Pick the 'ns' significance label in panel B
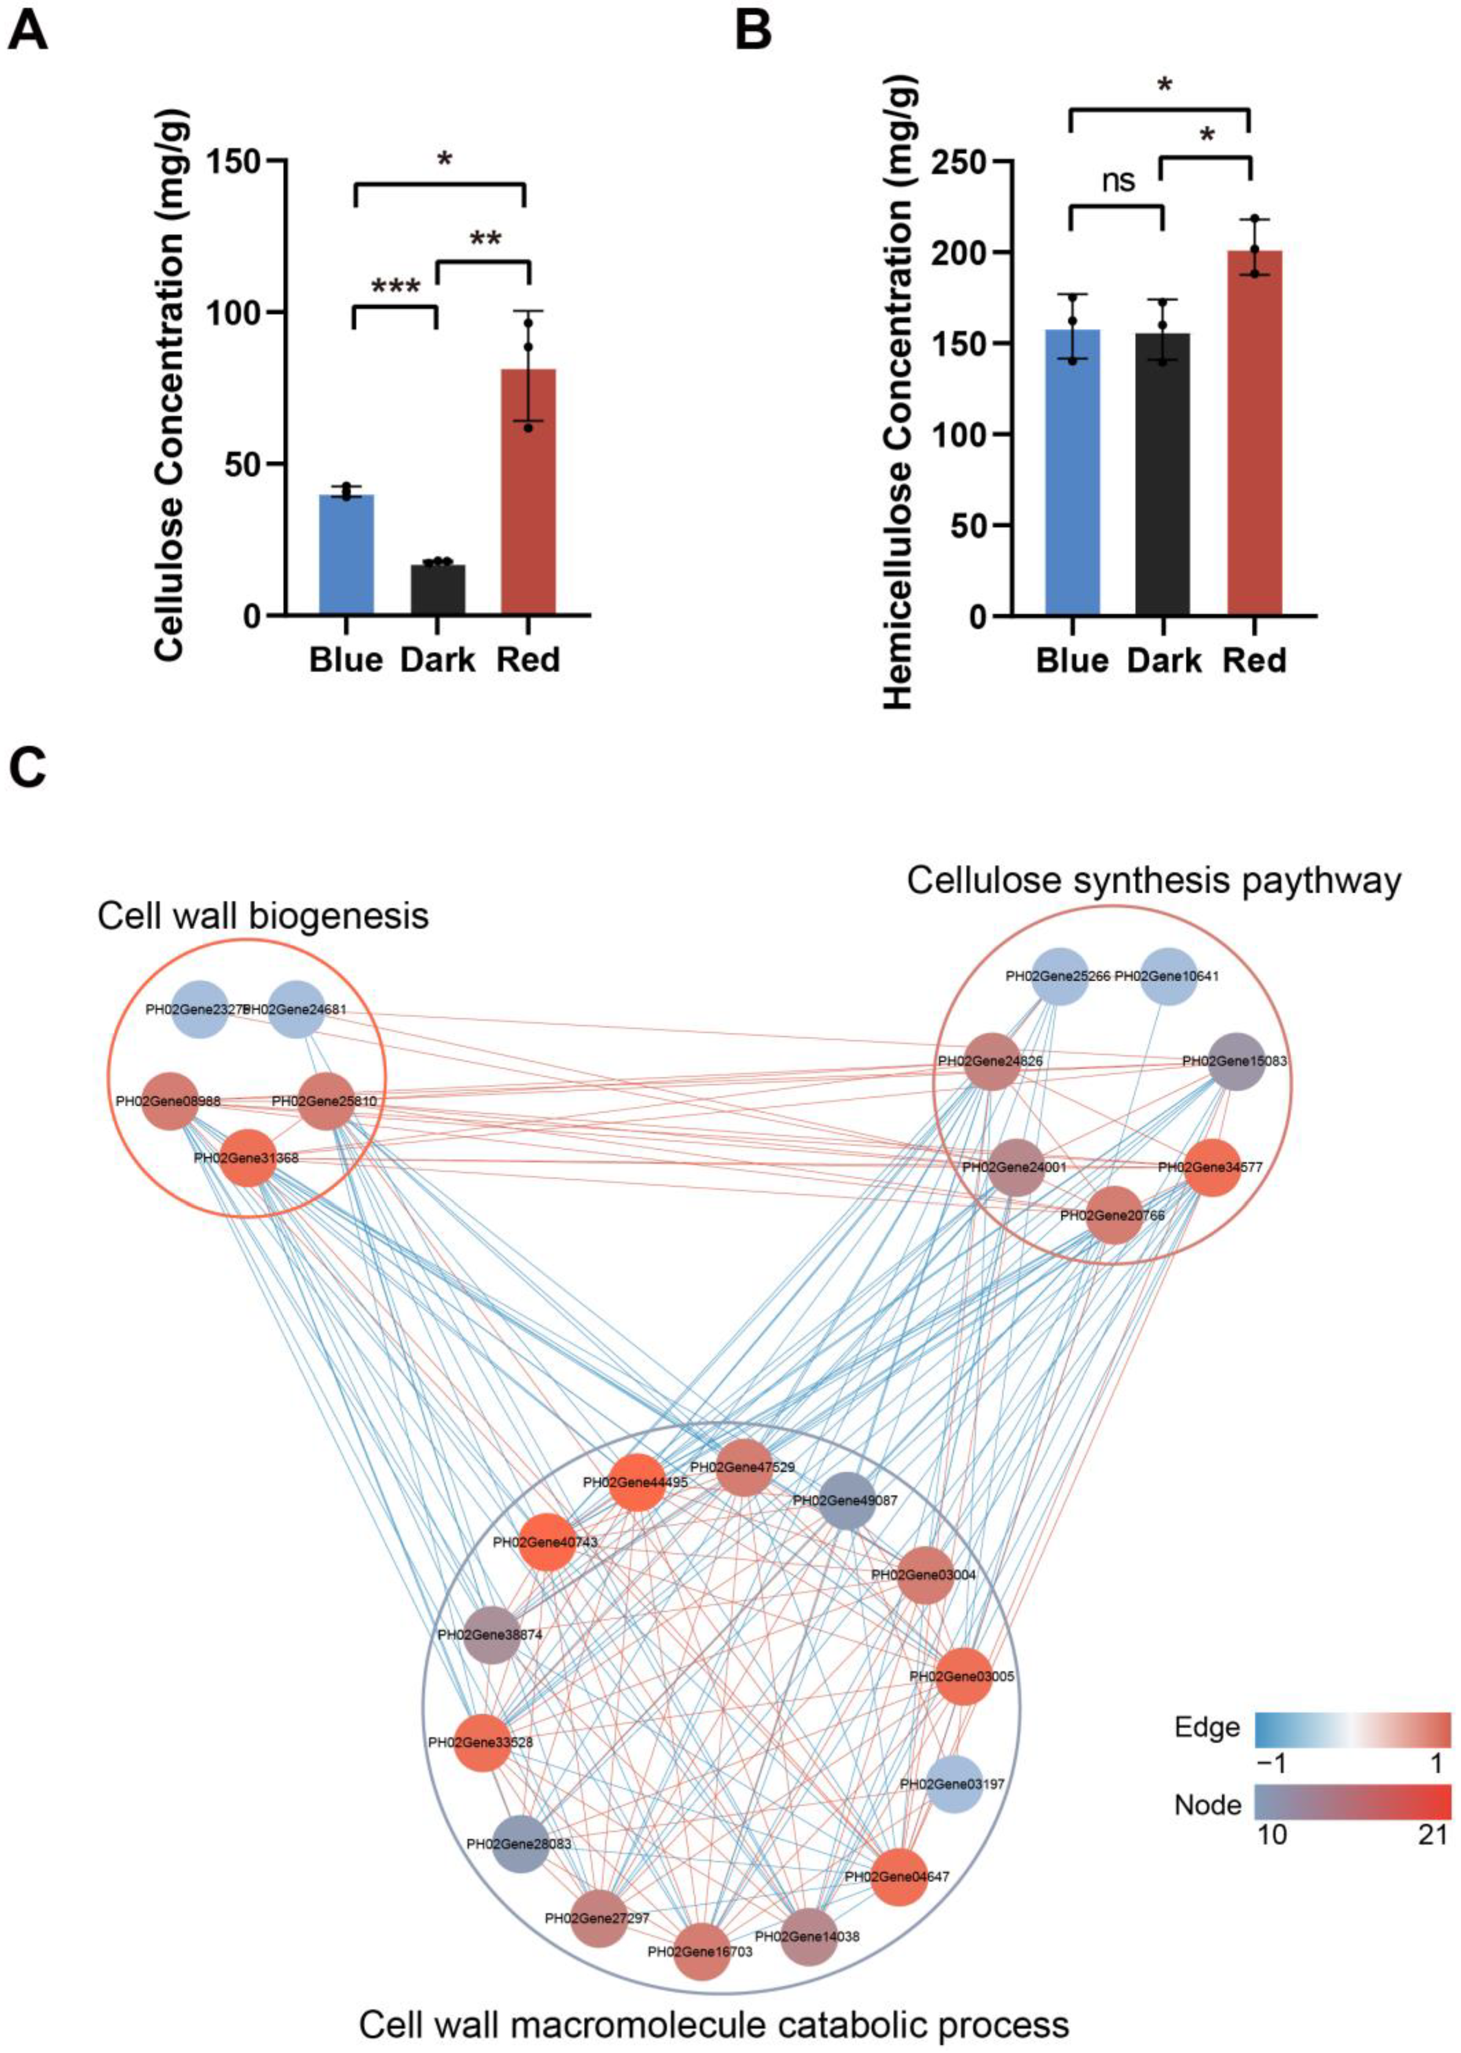coord(1118,181)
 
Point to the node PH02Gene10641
coord(1168,976)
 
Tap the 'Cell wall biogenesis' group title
coord(263,916)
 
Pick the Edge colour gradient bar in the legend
coord(1352,1728)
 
